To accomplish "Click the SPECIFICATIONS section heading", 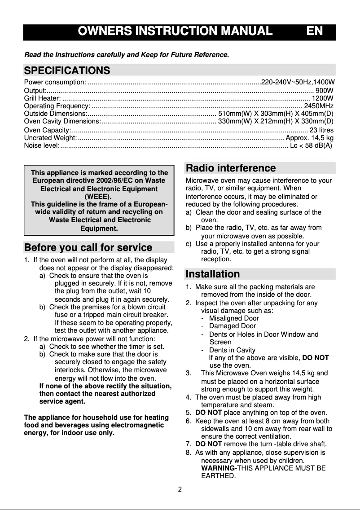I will coord(67,70).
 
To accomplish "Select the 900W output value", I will coord(325,90).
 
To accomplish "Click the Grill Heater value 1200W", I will coord(323,98).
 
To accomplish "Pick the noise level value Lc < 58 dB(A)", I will coord(311,145).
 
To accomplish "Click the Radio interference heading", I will coord(231,168).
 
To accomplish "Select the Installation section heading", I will coord(213,274).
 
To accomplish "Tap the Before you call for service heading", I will coord(88,247).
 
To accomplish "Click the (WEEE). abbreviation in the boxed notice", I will coord(98,196).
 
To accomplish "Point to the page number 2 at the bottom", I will coord(180,489).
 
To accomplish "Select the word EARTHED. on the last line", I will coord(218,476).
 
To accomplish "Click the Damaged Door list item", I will coord(233,326).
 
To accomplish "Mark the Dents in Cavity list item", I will coord(232,350).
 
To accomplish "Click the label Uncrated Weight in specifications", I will coord(50,138).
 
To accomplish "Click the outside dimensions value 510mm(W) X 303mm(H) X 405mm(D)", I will coord(275,113).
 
